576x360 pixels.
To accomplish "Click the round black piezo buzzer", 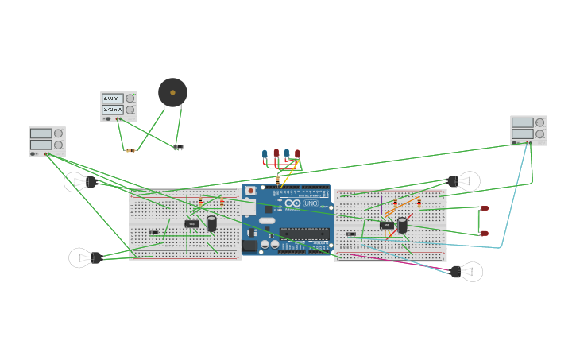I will point(172,92).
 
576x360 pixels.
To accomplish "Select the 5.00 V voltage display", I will point(112,99).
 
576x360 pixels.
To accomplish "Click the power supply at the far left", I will point(47,141).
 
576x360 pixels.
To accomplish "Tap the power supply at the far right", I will point(528,130).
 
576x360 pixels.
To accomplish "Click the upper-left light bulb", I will point(79,182).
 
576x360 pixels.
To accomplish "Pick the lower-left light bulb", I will point(84,257).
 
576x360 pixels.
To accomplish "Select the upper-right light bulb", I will point(465,181).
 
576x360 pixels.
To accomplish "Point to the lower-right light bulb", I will point(467,272).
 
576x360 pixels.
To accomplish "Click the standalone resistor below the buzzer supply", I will point(130,150).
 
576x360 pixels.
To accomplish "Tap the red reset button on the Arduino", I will point(251,191).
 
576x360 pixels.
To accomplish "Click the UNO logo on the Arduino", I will point(310,203).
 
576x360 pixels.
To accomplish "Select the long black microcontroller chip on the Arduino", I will point(303,234).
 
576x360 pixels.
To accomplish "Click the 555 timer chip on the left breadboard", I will point(191,224).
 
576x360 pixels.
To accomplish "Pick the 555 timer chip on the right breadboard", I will point(386,226).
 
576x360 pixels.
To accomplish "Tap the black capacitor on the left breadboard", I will point(212,223).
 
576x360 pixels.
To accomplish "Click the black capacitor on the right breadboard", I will point(403,225).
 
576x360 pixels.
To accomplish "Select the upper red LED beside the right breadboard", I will point(485,208).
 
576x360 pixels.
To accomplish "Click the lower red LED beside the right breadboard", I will point(485,234).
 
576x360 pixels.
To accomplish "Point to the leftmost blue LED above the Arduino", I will point(265,154).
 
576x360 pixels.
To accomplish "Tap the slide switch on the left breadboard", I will point(154,233).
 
